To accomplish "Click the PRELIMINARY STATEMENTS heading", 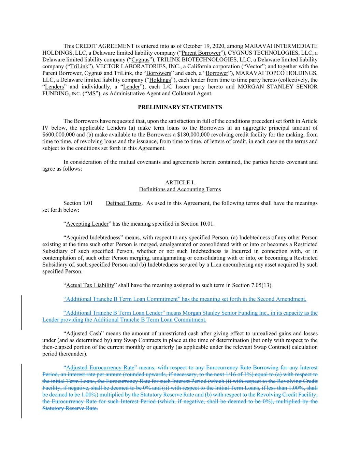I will pos(180,107).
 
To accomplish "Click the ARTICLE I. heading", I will pos(180,183).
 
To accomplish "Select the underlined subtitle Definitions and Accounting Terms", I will pos(180,189).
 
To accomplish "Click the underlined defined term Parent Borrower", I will pos(201,53).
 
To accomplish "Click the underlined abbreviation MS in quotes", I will pos(91,94).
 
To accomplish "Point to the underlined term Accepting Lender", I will pos(87,224).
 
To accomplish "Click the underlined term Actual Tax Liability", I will pos(90,285).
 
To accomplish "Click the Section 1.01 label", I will pos(78,203).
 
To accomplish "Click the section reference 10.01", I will pos(207,224).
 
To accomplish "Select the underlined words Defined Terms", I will pos(124,203).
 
